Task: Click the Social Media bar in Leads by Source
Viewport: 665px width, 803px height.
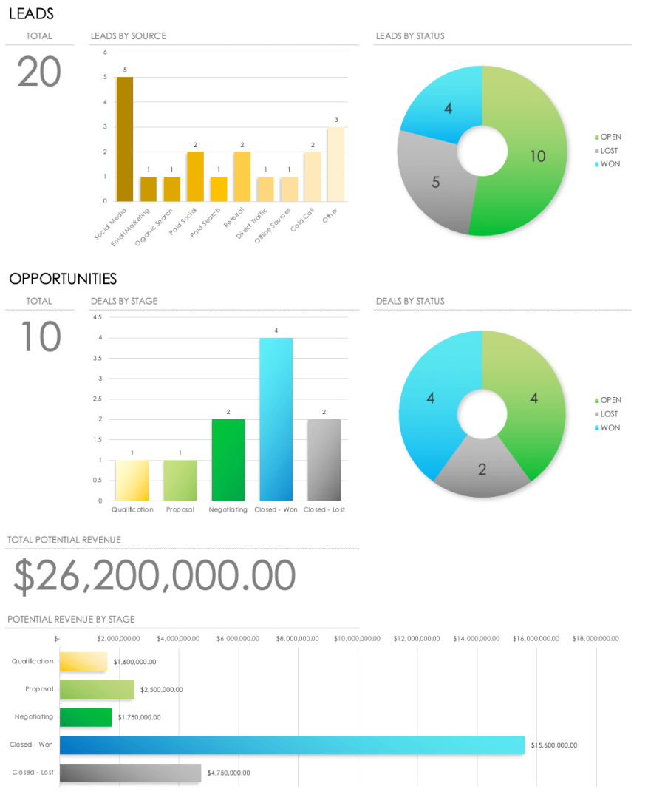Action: click(x=124, y=139)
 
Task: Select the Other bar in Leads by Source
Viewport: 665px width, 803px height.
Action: click(x=336, y=164)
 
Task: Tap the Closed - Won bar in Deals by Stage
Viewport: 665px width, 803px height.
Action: click(x=276, y=419)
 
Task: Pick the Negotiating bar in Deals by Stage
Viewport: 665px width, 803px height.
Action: click(x=228, y=460)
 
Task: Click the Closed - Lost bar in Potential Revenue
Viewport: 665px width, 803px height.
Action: click(x=130, y=773)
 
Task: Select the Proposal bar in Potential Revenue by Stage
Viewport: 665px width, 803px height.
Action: click(x=97, y=689)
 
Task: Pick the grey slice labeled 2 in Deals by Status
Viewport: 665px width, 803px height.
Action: click(x=482, y=468)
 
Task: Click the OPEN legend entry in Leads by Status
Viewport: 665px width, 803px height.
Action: click(x=610, y=137)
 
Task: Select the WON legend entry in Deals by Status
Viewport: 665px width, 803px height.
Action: click(x=610, y=427)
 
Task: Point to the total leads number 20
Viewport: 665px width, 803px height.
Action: click(x=39, y=72)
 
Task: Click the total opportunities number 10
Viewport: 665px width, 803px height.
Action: click(x=39, y=337)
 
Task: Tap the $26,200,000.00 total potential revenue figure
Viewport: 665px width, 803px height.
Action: click(x=154, y=576)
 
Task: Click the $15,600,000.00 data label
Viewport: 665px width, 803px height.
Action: click(x=553, y=745)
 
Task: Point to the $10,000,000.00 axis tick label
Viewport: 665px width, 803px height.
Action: click(x=357, y=638)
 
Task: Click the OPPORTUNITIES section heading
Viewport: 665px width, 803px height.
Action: click(x=63, y=279)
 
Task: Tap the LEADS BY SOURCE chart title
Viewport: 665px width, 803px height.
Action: click(x=129, y=35)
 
